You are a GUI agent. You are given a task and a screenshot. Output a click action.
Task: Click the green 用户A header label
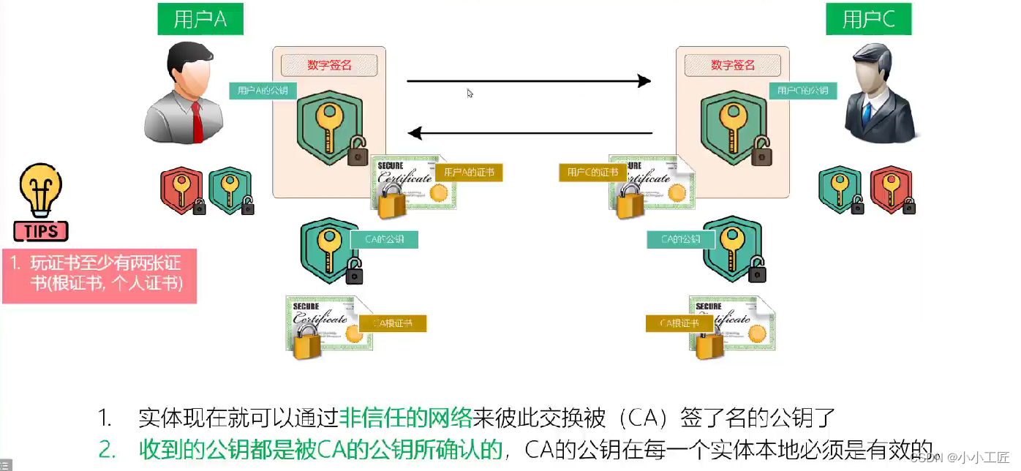[x=200, y=19]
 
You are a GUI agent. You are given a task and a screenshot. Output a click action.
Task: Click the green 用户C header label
[x=868, y=19]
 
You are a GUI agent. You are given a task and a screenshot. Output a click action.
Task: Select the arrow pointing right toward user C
[x=528, y=81]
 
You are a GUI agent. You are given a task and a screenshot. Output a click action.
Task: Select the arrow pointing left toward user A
[x=530, y=133]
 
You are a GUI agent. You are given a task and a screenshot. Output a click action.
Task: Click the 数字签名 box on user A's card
[x=329, y=65]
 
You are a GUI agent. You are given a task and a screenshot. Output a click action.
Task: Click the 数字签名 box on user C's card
[x=732, y=65]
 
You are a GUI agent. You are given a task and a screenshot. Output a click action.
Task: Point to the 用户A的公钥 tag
[x=263, y=91]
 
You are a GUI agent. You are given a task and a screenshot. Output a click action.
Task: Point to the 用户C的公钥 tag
[x=802, y=91]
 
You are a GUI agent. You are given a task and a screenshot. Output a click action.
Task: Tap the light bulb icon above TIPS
[x=41, y=189]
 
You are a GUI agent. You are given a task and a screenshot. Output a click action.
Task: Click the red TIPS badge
[x=41, y=232]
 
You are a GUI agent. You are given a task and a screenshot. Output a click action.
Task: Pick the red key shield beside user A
[x=181, y=190]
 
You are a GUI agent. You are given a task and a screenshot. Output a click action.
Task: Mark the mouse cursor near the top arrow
[x=470, y=93]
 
